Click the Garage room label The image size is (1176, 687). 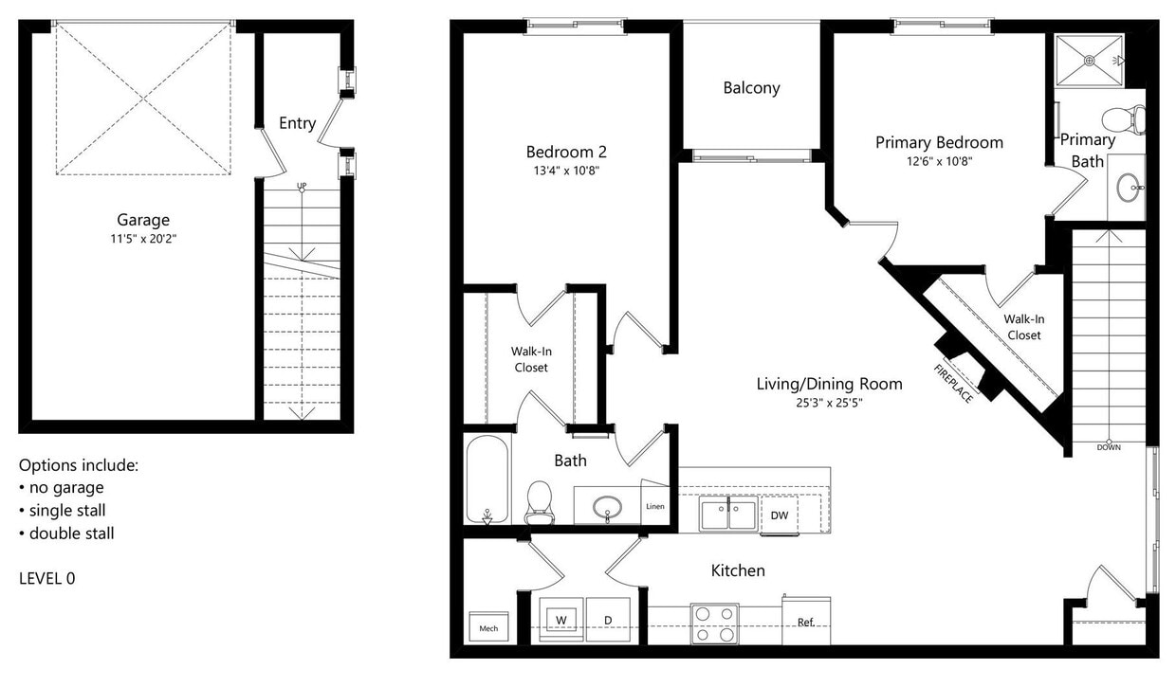tap(143, 220)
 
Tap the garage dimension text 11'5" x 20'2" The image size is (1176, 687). tap(143, 238)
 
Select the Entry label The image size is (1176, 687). tap(297, 123)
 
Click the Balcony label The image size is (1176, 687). tap(751, 88)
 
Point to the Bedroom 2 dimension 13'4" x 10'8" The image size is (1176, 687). tap(566, 171)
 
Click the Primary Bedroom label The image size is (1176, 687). tap(939, 142)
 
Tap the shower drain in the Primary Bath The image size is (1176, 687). tap(1090, 60)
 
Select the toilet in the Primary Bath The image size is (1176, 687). tap(1124, 119)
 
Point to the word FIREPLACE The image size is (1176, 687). tap(953, 384)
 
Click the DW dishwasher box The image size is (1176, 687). tap(779, 515)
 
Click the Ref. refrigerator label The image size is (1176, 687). tap(805, 623)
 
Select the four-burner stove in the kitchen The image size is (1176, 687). tap(715, 623)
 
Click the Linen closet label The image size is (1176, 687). tap(655, 506)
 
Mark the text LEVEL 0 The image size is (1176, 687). tap(46, 578)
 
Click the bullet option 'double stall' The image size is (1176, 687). tap(71, 533)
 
